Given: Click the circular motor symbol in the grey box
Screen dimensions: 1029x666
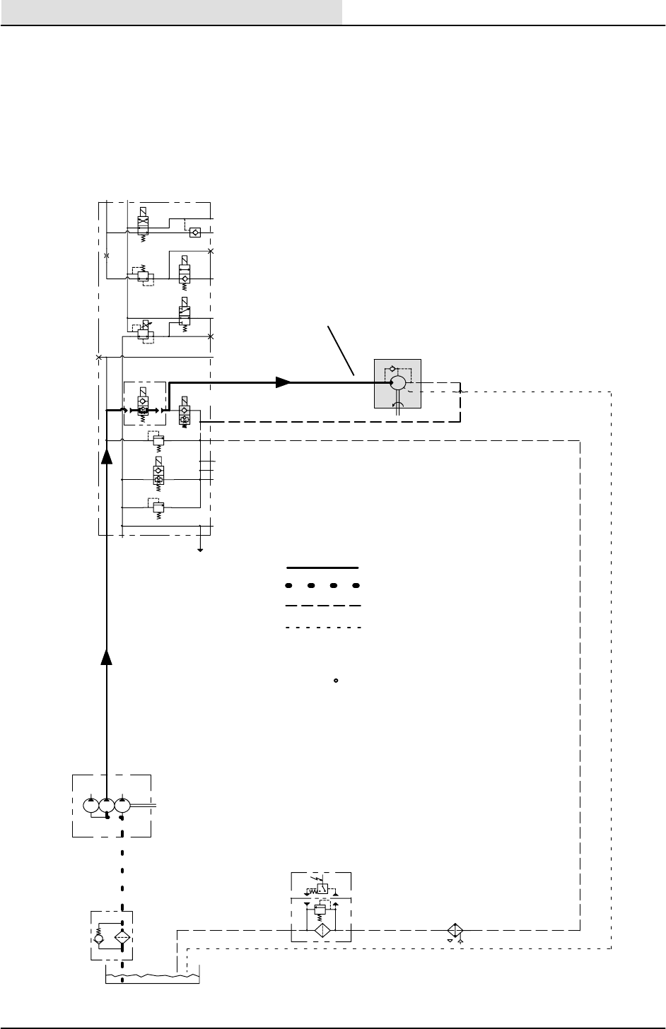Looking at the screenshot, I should tap(397, 382).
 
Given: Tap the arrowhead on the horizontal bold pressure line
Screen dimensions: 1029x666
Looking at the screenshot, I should tap(284, 382).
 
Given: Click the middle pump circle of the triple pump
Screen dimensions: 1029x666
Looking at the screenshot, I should tap(107, 805).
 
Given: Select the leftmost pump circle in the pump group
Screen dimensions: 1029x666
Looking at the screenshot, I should tap(90, 805).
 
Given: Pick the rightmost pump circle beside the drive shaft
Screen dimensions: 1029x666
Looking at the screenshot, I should tap(123, 805).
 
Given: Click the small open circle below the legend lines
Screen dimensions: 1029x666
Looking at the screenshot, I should tap(336, 681).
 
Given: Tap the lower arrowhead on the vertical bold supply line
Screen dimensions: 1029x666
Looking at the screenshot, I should tap(107, 657).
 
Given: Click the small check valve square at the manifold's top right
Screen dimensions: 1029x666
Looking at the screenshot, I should tap(195, 231).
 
